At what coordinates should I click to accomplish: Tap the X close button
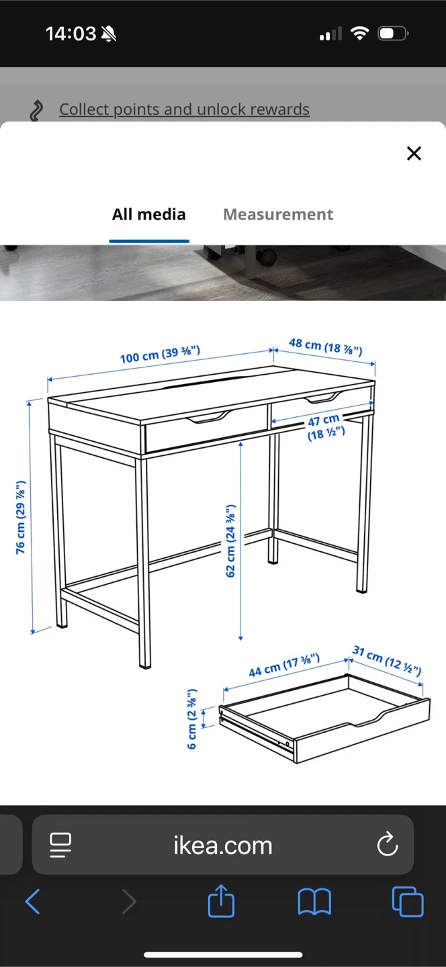tap(414, 153)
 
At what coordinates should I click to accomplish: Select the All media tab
tap(149, 214)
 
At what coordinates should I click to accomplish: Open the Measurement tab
tap(278, 214)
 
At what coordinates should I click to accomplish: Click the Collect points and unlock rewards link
tap(184, 109)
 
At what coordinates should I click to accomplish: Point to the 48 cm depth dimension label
tap(326, 347)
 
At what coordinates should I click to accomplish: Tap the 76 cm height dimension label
tap(20, 517)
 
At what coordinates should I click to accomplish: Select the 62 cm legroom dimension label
tap(230, 541)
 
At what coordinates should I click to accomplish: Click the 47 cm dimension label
tap(326, 426)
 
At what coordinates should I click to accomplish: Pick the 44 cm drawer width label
tap(284, 665)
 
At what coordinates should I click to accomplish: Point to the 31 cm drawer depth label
tap(387, 660)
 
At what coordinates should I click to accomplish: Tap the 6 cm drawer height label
tap(192, 719)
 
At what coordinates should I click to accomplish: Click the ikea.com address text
tap(223, 845)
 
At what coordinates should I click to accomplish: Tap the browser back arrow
tap(33, 901)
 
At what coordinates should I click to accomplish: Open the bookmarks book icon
tap(314, 902)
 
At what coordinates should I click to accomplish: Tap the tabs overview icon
tap(408, 901)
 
